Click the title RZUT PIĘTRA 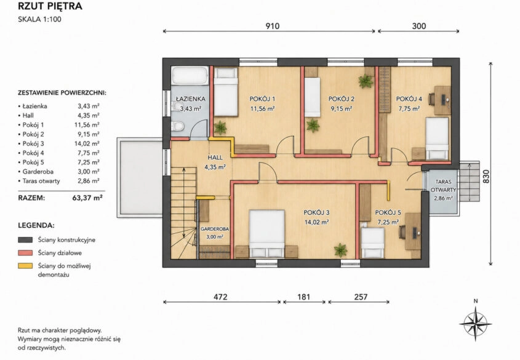coord(50,6)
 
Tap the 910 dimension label coord(272,26)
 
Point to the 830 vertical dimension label coord(486,177)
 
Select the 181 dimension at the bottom coord(303,297)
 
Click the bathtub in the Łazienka coord(190,76)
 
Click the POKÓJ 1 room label coord(262,99)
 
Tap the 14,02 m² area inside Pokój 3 coord(317,222)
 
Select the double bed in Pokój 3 coord(267,233)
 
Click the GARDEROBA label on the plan coord(215,229)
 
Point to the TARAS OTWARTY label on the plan coord(443,186)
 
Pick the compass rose coord(475,323)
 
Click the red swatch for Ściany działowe coord(25,253)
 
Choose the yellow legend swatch coord(25,266)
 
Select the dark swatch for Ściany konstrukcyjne coord(25,239)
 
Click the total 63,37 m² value coord(87,198)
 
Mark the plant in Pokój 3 coord(340,250)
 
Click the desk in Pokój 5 coord(413,231)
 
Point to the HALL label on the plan coord(215,158)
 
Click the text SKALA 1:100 coord(39,19)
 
